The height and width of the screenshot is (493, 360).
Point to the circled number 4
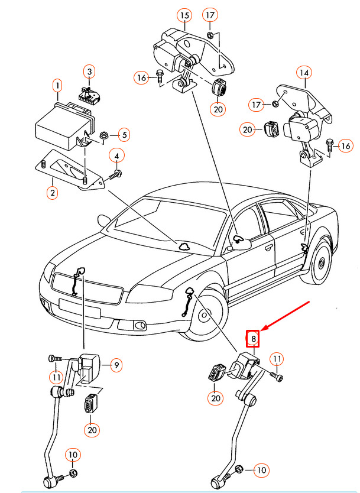click(x=116, y=156)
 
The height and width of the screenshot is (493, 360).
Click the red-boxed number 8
click(x=253, y=339)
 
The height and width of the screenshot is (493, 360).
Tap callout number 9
click(x=116, y=365)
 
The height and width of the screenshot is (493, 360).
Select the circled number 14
click(x=304, y=73)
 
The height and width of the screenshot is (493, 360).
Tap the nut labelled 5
click(x=104, y=135)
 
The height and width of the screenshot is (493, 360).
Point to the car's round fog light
click(x=141, y=325)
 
